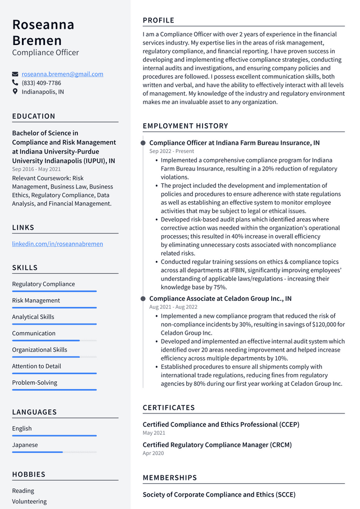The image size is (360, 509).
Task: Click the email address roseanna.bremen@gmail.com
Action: pyautogui.click(x=62, y=74)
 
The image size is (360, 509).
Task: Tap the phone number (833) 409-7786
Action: pyautogui.click(x=41, y=83)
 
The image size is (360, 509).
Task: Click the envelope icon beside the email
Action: pyautogui.click(x=15, y=74)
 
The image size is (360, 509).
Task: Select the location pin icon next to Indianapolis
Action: pyautogui.click(x=15, y=92)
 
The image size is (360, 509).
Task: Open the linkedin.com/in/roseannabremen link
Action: pyautogui.click(x=57, y=244)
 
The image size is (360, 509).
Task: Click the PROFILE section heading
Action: pyautogui.click(x=159, y=20)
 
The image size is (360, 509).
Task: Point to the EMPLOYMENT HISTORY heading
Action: pyautogui.click(x=185, y=126)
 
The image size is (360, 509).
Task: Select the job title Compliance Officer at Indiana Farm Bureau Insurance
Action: pyautogui.click(x=234, y=143)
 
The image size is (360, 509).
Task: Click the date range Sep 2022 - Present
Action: pyautogui.click(x=172, y=151)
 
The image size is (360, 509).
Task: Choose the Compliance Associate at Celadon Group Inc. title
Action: pyautogui.click(x=220, y=299)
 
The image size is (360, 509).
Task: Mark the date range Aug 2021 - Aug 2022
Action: pyautogui.click(x=173, y=307)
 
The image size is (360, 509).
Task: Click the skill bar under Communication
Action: pyautogui.click(x=54, y=340)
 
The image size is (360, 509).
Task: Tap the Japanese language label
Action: pyautogui.click(x=25, y=445)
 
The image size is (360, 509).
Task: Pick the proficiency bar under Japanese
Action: pyautogui.click(x=54, y=452)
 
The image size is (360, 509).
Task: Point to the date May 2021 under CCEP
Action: pyautogui.click(x=154, y=433)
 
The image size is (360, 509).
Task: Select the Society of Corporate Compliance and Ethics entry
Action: pyautogui.click(x=219, y=494)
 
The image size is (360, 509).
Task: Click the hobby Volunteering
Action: pyautogui.click(x=29, y=501)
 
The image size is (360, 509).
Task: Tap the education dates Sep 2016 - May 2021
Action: pyautogui.click(x=37, y=169)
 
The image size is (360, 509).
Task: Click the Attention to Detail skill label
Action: pyautogui.click(x=37, y=366)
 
